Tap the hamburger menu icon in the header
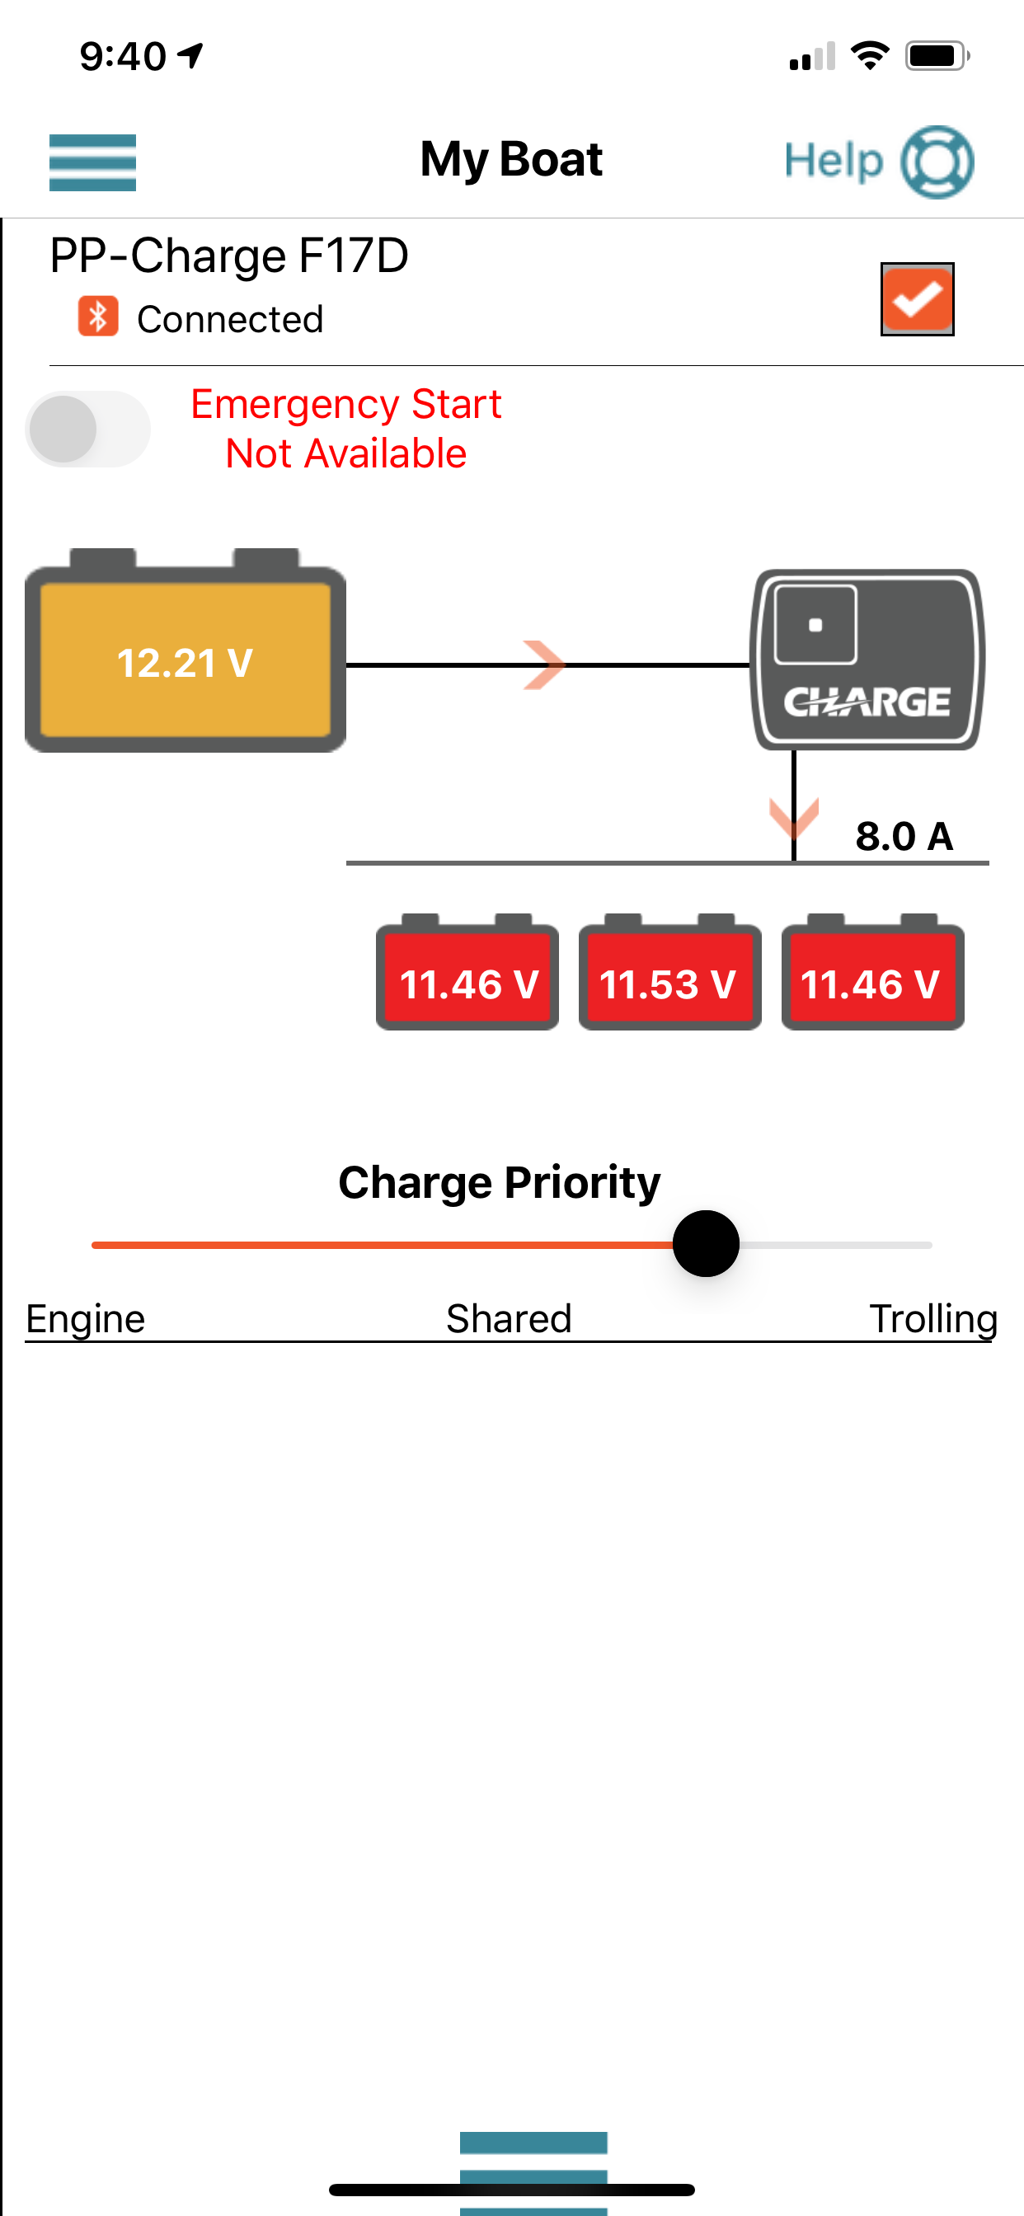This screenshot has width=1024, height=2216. click(x=92, y=162)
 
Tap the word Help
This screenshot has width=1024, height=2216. click(x=834, y=161)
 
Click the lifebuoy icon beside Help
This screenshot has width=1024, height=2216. click(x=937, y=162)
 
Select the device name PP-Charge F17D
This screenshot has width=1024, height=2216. click(x=229, y=256)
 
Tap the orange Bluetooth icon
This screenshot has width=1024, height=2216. click(x=98, y=317)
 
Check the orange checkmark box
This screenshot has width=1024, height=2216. click(x=918, y=299)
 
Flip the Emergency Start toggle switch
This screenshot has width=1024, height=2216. click(x=87, y=430)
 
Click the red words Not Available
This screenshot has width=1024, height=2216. click(x=346, y=453)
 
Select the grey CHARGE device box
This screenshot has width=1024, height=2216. click(x=867, y=660)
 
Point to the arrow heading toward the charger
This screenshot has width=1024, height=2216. click(x=544, y=665)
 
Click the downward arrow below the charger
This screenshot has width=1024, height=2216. click(x=793, y=817)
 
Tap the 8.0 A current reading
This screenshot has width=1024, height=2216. click(x=904, y=836)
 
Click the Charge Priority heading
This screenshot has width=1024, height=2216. click(x=499, y=1183)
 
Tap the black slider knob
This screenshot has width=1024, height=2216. click(x=706, y=1244)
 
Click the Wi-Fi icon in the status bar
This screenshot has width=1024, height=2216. click(x=870, y=56)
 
